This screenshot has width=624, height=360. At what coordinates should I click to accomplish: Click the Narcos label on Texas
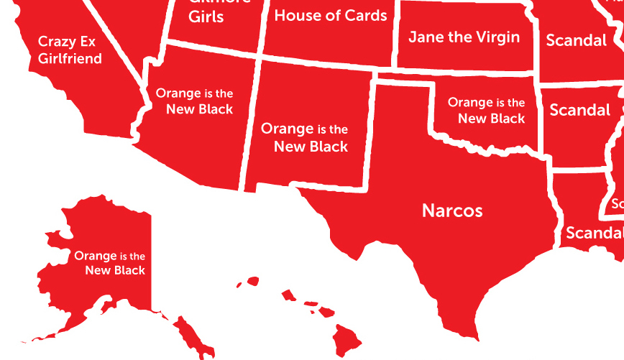point(452,211)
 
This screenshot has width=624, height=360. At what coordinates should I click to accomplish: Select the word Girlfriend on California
point(70,58)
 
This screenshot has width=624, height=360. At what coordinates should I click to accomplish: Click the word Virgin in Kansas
point(496,37)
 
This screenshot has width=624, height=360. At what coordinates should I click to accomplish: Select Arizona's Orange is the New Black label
point(195,101)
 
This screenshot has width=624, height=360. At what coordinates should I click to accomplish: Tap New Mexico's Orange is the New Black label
point(305,137)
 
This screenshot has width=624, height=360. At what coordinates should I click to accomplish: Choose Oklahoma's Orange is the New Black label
point(487,111)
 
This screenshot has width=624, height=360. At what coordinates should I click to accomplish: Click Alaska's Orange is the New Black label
point(110,263)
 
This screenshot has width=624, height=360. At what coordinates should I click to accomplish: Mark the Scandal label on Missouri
point(577,41)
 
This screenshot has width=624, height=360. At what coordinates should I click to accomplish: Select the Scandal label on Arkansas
point(579,110)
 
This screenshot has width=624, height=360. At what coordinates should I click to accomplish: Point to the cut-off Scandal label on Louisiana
point(594,233)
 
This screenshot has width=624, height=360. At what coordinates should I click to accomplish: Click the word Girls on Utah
point(206,17)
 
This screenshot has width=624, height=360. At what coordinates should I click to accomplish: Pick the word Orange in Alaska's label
point(96,256)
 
